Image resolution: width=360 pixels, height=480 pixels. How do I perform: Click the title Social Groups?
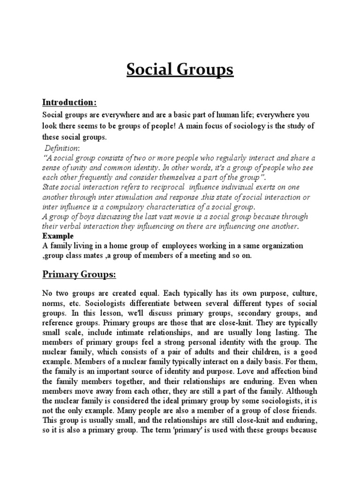coord(180,70)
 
